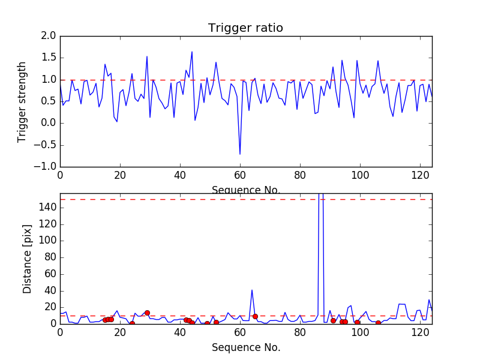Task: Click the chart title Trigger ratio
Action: pos(245,28)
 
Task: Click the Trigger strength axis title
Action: pos(22,101)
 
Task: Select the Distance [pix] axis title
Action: pos(28,259)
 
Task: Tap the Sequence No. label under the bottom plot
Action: pos(245,347)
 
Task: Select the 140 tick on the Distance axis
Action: pos(47,208)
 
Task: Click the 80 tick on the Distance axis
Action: pos(50,257)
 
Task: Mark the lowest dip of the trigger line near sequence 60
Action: pos(240,154)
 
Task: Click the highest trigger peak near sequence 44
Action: pos(192,52)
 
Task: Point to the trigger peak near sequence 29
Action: pos(147,56)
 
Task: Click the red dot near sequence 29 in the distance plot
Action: pos(147,313)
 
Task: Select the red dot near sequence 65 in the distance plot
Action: pos(255,316)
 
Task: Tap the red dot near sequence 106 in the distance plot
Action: pos(378,323)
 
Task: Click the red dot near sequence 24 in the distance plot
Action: pos(132,323)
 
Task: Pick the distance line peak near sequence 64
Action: pos(252,290)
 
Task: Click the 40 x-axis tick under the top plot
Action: pos(180,176)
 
